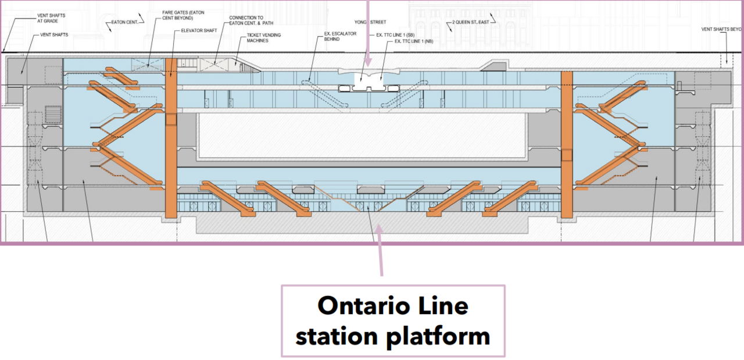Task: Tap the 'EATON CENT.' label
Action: tap(124, 24)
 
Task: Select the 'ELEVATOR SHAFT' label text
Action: tap(199, 30)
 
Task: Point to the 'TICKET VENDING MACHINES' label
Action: tap(264, 38)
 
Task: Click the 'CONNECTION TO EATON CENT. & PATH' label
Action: tap(250, 21)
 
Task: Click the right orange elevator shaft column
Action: tap(567, 145)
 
